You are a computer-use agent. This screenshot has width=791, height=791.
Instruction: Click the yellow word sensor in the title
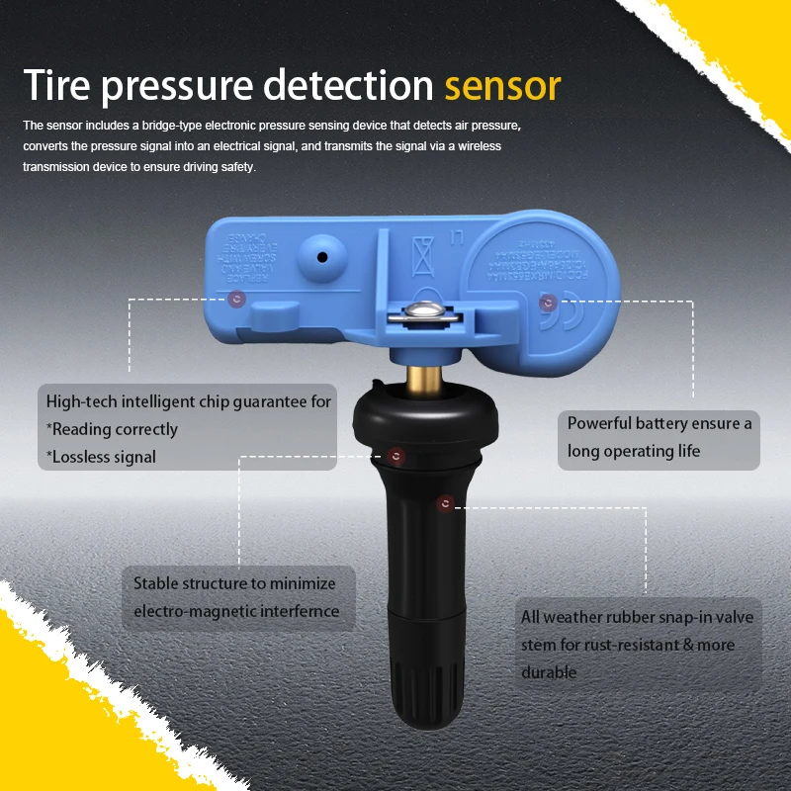pos(502,86)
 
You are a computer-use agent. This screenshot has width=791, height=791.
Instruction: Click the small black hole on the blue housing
pos(322,256)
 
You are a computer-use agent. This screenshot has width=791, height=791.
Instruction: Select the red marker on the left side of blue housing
pos(235,298)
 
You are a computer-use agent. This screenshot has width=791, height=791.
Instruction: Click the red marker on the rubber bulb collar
pos(396,456)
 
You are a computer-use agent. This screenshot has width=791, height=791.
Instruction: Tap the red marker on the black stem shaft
pos(446,504)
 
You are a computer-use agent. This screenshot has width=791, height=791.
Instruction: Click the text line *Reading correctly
pos(113,429)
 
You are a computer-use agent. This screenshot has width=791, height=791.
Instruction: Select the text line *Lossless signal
pos(101,456)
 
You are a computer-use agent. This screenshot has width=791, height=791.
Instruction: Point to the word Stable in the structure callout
pos(156,583)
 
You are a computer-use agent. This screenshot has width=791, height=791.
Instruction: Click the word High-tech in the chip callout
pos(81,401)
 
